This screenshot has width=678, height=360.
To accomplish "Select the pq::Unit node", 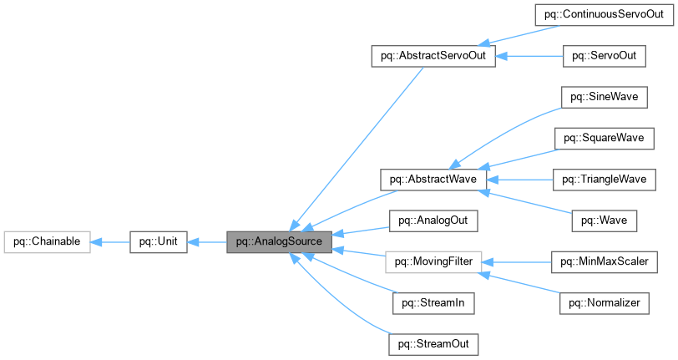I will click(158, 242).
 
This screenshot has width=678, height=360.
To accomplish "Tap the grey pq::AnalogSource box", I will click(280, 242).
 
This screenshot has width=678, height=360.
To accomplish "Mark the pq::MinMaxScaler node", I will click(604, 261).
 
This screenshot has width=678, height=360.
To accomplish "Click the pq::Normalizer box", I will click(604, 302).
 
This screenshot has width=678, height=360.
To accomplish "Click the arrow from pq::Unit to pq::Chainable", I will click(109, 242).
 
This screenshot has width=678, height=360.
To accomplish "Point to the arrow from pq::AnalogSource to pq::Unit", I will click(207, 242).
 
